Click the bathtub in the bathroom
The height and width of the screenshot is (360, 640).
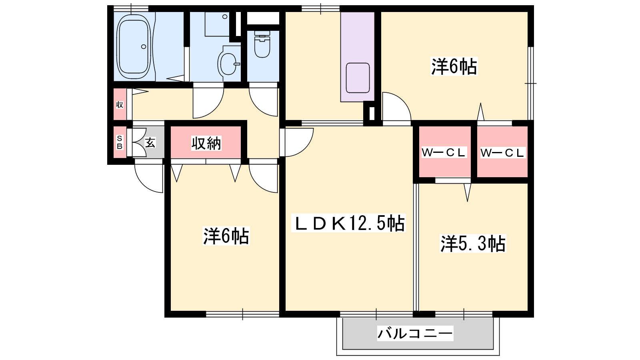click(134, 46)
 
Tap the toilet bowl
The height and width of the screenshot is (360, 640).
click(262, 45)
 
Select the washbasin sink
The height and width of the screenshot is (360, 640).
click(228, 64)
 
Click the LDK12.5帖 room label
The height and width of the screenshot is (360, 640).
click(348, 223)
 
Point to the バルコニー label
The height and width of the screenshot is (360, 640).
click(415, 333)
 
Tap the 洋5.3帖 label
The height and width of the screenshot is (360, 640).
click(473, 244)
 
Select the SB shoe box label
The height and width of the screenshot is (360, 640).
click(120, 142)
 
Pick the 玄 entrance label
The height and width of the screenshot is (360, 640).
click(150, 142)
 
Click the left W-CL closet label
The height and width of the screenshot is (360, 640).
click(444, 152)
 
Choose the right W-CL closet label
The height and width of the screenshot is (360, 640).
click(502, 152)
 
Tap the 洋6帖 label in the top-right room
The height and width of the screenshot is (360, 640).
click(454, 66)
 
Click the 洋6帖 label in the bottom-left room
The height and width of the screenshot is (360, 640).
click(226, 236)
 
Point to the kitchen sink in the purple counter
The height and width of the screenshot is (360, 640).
click(358, 78)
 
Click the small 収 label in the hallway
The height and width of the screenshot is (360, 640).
click(120, 104)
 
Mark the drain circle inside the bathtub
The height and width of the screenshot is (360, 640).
click(144, 46)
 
